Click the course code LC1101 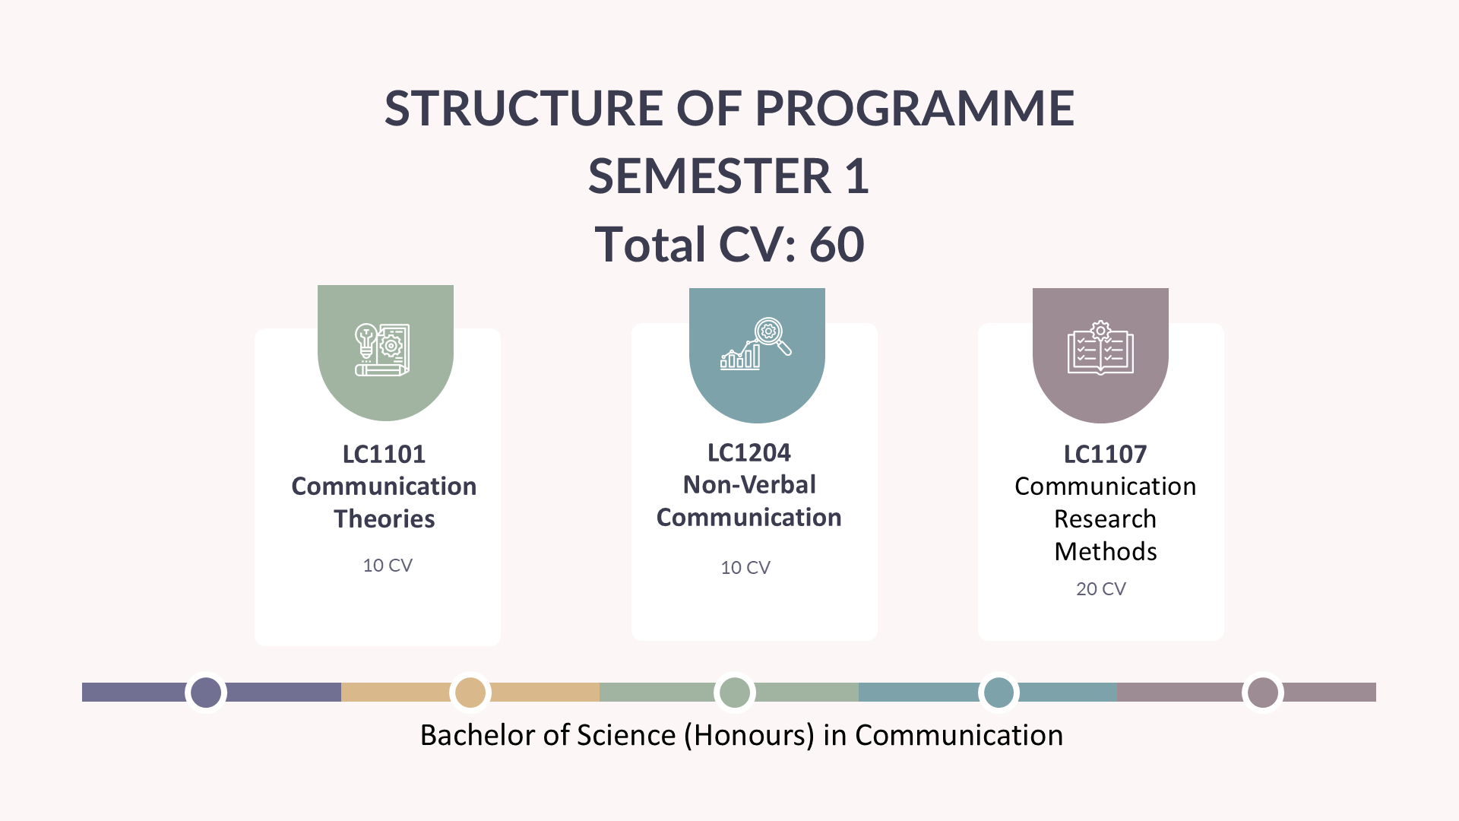pyautogui.click(x=384, y=454)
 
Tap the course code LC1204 pyautogui.click(x=749, y=452)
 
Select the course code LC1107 pyautogui.click(x=1105, y=454)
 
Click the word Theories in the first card pyautogui.click(x=385, y=518)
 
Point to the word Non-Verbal pyautogui.click(x=749, y=484)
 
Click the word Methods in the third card pyautogui.click(x=1106, y=551)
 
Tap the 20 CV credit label pyautogui.click(x=1101, y=588)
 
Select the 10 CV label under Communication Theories pyautogui.click(x=388, y=565)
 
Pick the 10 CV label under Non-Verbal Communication pyautogui.click(x=745, y=567)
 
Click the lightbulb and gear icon pyautogui.click(x=382, y=350)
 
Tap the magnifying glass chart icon pyautogui.click(x=756, y=344)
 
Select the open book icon pyautogui.click(x=1100, y=347)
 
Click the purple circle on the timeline pyautogui.click(x=206, y=693)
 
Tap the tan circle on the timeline pyautogui.click(x=470, y=693)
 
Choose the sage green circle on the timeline pyautogui.click(x=735, y=693)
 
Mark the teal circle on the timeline pyautogui.click(x=999, y=693)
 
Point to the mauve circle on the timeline pyautogui.click(x=1263, y=693)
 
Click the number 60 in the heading pyautogui.click(x=837, y=245)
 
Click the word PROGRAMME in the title pyautogui.click(x=914, y=108)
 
